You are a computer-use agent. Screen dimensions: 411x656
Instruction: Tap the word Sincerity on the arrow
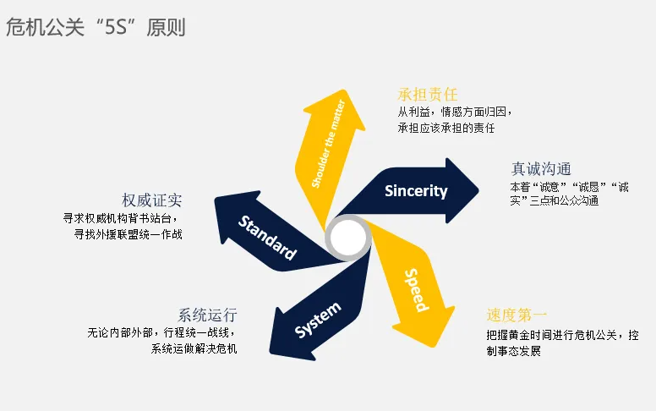click(x=416, y=190)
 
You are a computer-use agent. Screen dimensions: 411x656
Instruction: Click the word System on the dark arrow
click(x=318, y=321)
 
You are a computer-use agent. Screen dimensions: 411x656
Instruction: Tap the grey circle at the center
click(x=348, y=239)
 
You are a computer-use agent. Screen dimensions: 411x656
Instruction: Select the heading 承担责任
click(x=428, y=94)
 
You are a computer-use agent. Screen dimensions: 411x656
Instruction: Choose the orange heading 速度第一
click(x=517, y=315)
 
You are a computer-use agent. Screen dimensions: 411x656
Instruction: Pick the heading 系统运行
click(x=207, y=314)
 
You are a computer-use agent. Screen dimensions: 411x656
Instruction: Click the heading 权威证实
click(x=152, y=200)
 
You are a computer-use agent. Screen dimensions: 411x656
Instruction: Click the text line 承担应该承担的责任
click(x=446, y=129)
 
